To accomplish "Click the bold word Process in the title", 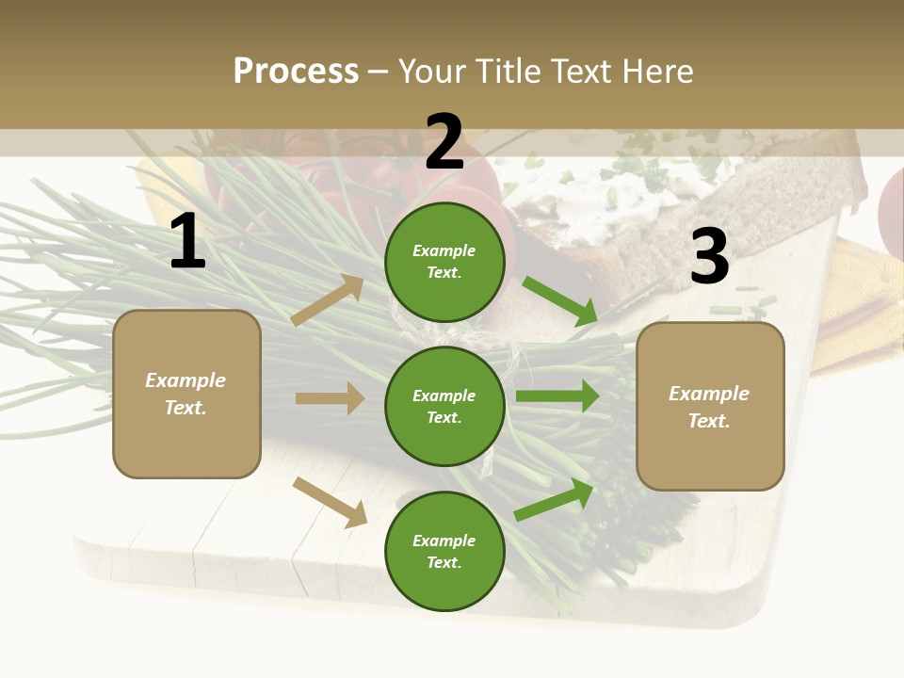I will [x=296, y=71].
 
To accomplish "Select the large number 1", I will [x=187, y=242].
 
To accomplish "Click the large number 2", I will [x=444, y=142].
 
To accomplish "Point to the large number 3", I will [x=709, y=257].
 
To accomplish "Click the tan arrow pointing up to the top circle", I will [x=328, y=300].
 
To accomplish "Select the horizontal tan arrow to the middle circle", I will [x=330, y=398].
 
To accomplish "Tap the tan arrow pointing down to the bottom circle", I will [x=331, y=502].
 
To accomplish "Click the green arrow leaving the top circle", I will [x=559, y=301].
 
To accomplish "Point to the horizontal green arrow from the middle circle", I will [x=557, y=396].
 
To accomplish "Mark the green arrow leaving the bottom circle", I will [x=554, y=500].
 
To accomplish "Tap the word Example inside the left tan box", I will [x=186, y=380].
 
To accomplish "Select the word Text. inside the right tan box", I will [x=709, y=421].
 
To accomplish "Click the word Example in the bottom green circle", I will [x=444, y=541].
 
